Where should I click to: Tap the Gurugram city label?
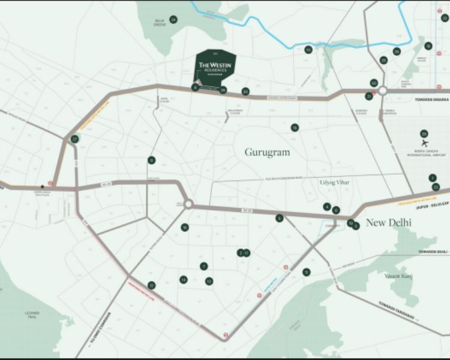pyautogui.click(x=267, y=152)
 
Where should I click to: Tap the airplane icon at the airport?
pyautogui.click(x=425, y=143)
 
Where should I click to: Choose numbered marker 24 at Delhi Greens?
pyautogui.click(x=173, y=20)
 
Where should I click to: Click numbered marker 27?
pyautogui.click(x=74, y=139)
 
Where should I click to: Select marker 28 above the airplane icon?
pyautogui.click(x=424, y=133)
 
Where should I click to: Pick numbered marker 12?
pyautogui.click(x=152, y=285)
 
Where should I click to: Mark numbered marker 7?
pyautogui.click(x=204, y=266)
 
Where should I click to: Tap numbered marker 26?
pyautogui.click(x=397, y=52)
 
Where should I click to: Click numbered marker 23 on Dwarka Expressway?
pyautogui.click(x=245, y=92)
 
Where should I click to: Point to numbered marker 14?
pyautogui.click(x=184, y=279)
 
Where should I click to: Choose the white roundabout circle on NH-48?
pyautogui.click(x=188, y=205)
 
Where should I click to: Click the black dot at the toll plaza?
pyautogui.click(x=42, y=186)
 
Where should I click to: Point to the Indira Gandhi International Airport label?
pyautogui.click(x=425, y=154)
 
